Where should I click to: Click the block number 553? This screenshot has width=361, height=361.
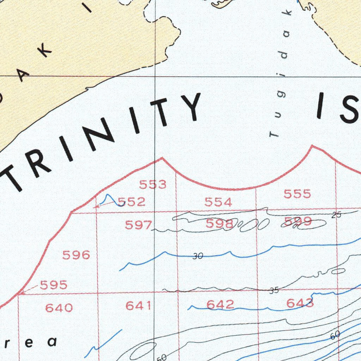[x=152, y=184]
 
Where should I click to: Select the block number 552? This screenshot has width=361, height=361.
[x=131, y=202]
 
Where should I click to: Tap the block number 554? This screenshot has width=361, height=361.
[x=218, y=202]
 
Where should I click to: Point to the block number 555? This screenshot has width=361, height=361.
[x=297, y=194]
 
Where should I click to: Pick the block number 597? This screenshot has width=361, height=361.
[x=139, y=225]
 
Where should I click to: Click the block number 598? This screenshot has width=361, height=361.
[x=219, y=224]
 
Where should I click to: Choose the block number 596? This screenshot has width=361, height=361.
[x=76, y=255]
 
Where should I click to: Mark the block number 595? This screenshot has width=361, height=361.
[x=54, y=284]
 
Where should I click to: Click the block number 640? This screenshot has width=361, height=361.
[x=59, y=308]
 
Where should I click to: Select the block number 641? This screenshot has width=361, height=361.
[x=139, y=306]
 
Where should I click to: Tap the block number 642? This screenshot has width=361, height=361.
[x=220, y=304]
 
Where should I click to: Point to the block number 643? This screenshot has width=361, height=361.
[x=300, y=303]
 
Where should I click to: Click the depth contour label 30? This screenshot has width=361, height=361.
[x=198, y=256]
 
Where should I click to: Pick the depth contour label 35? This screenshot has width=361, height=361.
[x=274, y=290]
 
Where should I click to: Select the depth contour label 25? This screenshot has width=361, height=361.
[x=337, y=214]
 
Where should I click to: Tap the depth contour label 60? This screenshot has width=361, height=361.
[x=335, y=335]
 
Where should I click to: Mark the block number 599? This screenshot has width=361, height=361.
[x=298, y=221]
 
